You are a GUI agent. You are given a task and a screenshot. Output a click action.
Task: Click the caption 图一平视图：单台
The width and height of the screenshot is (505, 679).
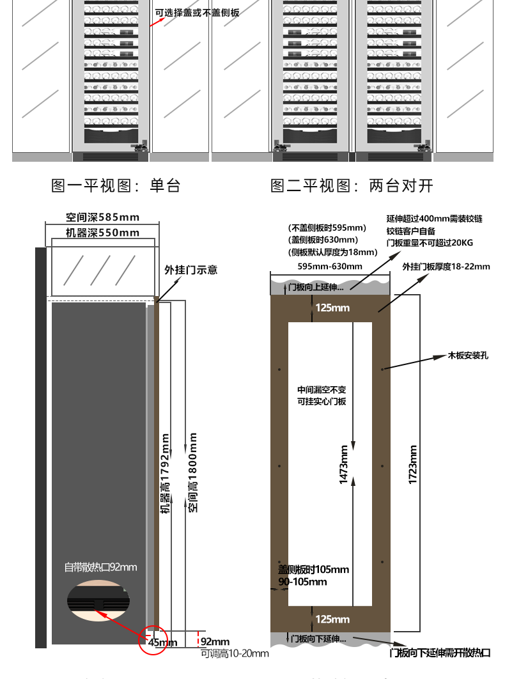tap(116, 185)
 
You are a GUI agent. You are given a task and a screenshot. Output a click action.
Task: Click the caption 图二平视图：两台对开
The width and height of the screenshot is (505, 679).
tap(352, 185)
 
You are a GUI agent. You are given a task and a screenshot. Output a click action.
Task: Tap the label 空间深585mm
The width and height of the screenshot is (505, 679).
tap(102, 217)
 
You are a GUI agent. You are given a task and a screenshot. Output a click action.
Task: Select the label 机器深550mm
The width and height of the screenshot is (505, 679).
tap(102, 233)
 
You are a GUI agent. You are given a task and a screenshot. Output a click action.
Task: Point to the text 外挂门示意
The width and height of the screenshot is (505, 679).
tap(190, 270)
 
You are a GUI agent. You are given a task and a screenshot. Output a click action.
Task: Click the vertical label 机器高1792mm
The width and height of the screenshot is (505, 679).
tap(165, 474)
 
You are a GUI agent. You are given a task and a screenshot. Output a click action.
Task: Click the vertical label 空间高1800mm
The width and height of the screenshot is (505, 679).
tap(192, 472)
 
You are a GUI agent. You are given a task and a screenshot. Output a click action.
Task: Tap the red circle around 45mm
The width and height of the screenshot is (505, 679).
tap(153, 639)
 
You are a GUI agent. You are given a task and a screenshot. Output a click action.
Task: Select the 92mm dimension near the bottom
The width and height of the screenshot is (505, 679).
tap(215, 641)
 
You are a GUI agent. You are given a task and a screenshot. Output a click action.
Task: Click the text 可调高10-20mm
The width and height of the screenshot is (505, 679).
tap(235, 653)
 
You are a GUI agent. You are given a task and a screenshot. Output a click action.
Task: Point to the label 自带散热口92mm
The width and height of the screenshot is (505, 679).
tap(100, 566)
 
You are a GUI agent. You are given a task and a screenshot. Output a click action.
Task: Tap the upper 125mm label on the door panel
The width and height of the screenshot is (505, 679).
tap(332, 308)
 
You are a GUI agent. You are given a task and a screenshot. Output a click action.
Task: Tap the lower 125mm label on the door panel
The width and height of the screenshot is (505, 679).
tap(332, 619)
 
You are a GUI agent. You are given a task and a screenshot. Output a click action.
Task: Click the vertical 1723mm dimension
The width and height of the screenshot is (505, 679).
tap(413, 464)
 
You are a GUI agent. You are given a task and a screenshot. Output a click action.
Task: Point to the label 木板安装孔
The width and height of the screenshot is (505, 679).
tap(468, 355)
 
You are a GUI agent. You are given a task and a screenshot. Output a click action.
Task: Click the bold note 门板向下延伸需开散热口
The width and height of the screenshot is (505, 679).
tap(440, 653)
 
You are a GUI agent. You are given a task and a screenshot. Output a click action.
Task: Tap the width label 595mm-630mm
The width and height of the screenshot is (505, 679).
tap(330, 266)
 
